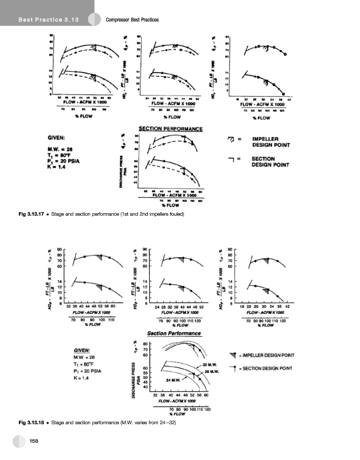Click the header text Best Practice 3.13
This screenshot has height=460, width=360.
pyautogui.click(x=48, y=20)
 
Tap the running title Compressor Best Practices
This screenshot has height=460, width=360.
pyautogui.click(x=132, y=20)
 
